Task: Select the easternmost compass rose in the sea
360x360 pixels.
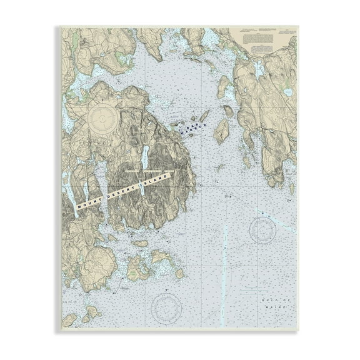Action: (262, 230)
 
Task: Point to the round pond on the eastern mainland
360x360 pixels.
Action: (287, 92)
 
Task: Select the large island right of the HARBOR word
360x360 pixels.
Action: (220, 130)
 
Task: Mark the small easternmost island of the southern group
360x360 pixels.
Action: (179, 273)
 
